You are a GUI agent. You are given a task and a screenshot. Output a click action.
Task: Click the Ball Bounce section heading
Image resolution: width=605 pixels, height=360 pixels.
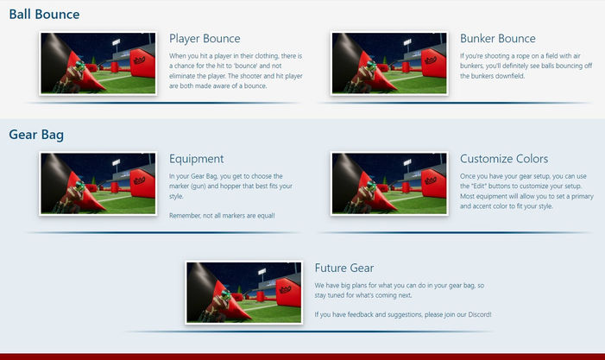point(44,15)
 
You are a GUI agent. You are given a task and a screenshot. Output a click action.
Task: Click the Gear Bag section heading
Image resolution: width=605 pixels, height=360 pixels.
point(36,135)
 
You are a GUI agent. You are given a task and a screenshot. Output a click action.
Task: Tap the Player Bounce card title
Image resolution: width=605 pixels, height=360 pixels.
point(205,39)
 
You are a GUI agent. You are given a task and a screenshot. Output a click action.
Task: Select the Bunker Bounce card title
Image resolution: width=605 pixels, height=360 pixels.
point(498,39)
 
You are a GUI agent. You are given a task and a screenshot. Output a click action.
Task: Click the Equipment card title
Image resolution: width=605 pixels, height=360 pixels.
point(197,159)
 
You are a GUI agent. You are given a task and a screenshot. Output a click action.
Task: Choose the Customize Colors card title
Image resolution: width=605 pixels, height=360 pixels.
point(504,159)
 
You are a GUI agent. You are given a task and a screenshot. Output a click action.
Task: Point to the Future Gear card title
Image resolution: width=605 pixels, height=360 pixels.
point(344,268)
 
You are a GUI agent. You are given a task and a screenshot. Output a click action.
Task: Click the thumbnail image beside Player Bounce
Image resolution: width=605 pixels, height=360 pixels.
point(98,63)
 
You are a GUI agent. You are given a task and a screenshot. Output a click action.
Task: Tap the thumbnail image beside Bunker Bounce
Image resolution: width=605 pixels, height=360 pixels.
point(389,63)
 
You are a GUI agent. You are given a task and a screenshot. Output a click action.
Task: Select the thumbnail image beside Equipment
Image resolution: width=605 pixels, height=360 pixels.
point(98,183)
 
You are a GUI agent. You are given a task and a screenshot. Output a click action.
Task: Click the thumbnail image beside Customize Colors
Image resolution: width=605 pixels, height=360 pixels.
point(389,183)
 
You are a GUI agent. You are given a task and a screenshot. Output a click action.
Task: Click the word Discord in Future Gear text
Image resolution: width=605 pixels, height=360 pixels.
point(476,314)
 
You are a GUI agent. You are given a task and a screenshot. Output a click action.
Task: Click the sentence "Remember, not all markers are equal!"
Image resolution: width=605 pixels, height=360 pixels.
point(222,215)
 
